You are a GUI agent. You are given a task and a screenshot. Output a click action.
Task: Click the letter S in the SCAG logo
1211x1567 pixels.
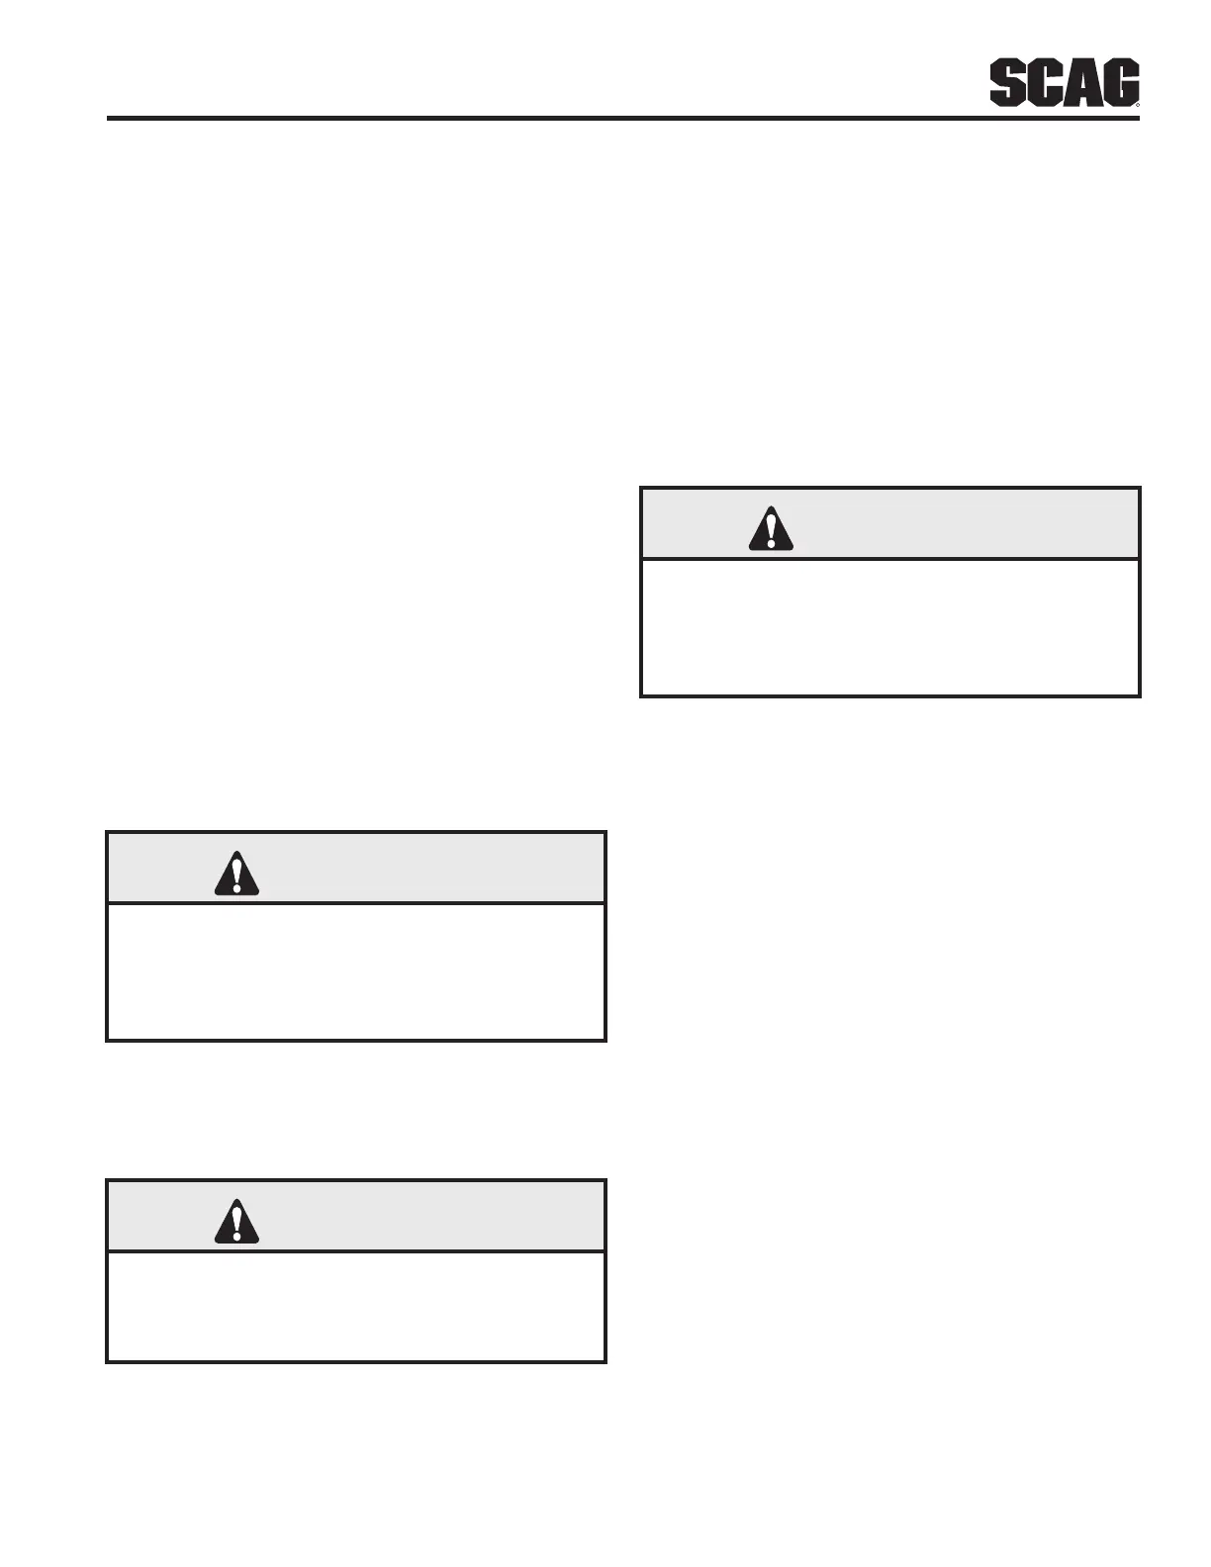pyautogui.click(x=1008, y=83)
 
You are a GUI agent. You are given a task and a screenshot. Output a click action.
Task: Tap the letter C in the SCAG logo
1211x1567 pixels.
pyautogui.click(x=1044, y=83)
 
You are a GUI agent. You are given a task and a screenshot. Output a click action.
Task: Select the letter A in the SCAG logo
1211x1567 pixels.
pyautogui.click(x=1081, y=83)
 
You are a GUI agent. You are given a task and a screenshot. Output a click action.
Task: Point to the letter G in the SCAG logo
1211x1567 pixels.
pyautogui.click(x=1119, y=83)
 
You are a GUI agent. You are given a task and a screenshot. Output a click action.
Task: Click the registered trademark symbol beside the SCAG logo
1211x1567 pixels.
pyautogui.click(x=1138, y=103)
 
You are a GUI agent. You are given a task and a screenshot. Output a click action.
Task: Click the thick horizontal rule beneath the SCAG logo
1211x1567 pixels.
pyautogui.click(x=623, y=119)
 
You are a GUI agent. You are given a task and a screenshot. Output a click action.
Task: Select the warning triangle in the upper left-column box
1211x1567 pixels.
pyautogui.click(x=236, y=874)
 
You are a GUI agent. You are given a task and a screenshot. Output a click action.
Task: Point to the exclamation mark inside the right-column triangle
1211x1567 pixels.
pyautogui.click(x=771, y=530)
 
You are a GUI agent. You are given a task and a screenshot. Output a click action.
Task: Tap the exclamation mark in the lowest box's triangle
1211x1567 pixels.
pyautogui.click(x=236, y=1223)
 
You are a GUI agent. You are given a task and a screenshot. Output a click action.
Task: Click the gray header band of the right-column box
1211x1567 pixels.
pyautogui.click(x=950, y=524)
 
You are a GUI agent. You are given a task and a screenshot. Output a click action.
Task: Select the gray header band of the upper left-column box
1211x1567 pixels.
pyautogui.click(x=416, y=869)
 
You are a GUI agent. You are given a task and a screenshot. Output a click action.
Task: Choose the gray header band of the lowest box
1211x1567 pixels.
pyautogui.click(x=416, y=1217)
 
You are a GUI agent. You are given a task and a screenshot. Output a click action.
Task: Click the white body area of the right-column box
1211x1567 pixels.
pyautogui.click(x=890, y=628)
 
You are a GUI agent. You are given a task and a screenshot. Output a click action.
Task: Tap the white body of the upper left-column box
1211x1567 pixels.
pyautogui.click(x=356, y=971)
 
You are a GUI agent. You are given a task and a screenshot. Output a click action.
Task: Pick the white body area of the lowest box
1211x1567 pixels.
pyautogui.click(x=356, y=1306)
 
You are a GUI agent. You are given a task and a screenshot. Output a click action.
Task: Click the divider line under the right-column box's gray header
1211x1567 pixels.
pyautogui.click(x=890, y=560)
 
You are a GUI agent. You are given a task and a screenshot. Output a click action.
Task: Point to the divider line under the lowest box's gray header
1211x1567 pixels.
pyautogui.click(x=356, y=1252)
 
